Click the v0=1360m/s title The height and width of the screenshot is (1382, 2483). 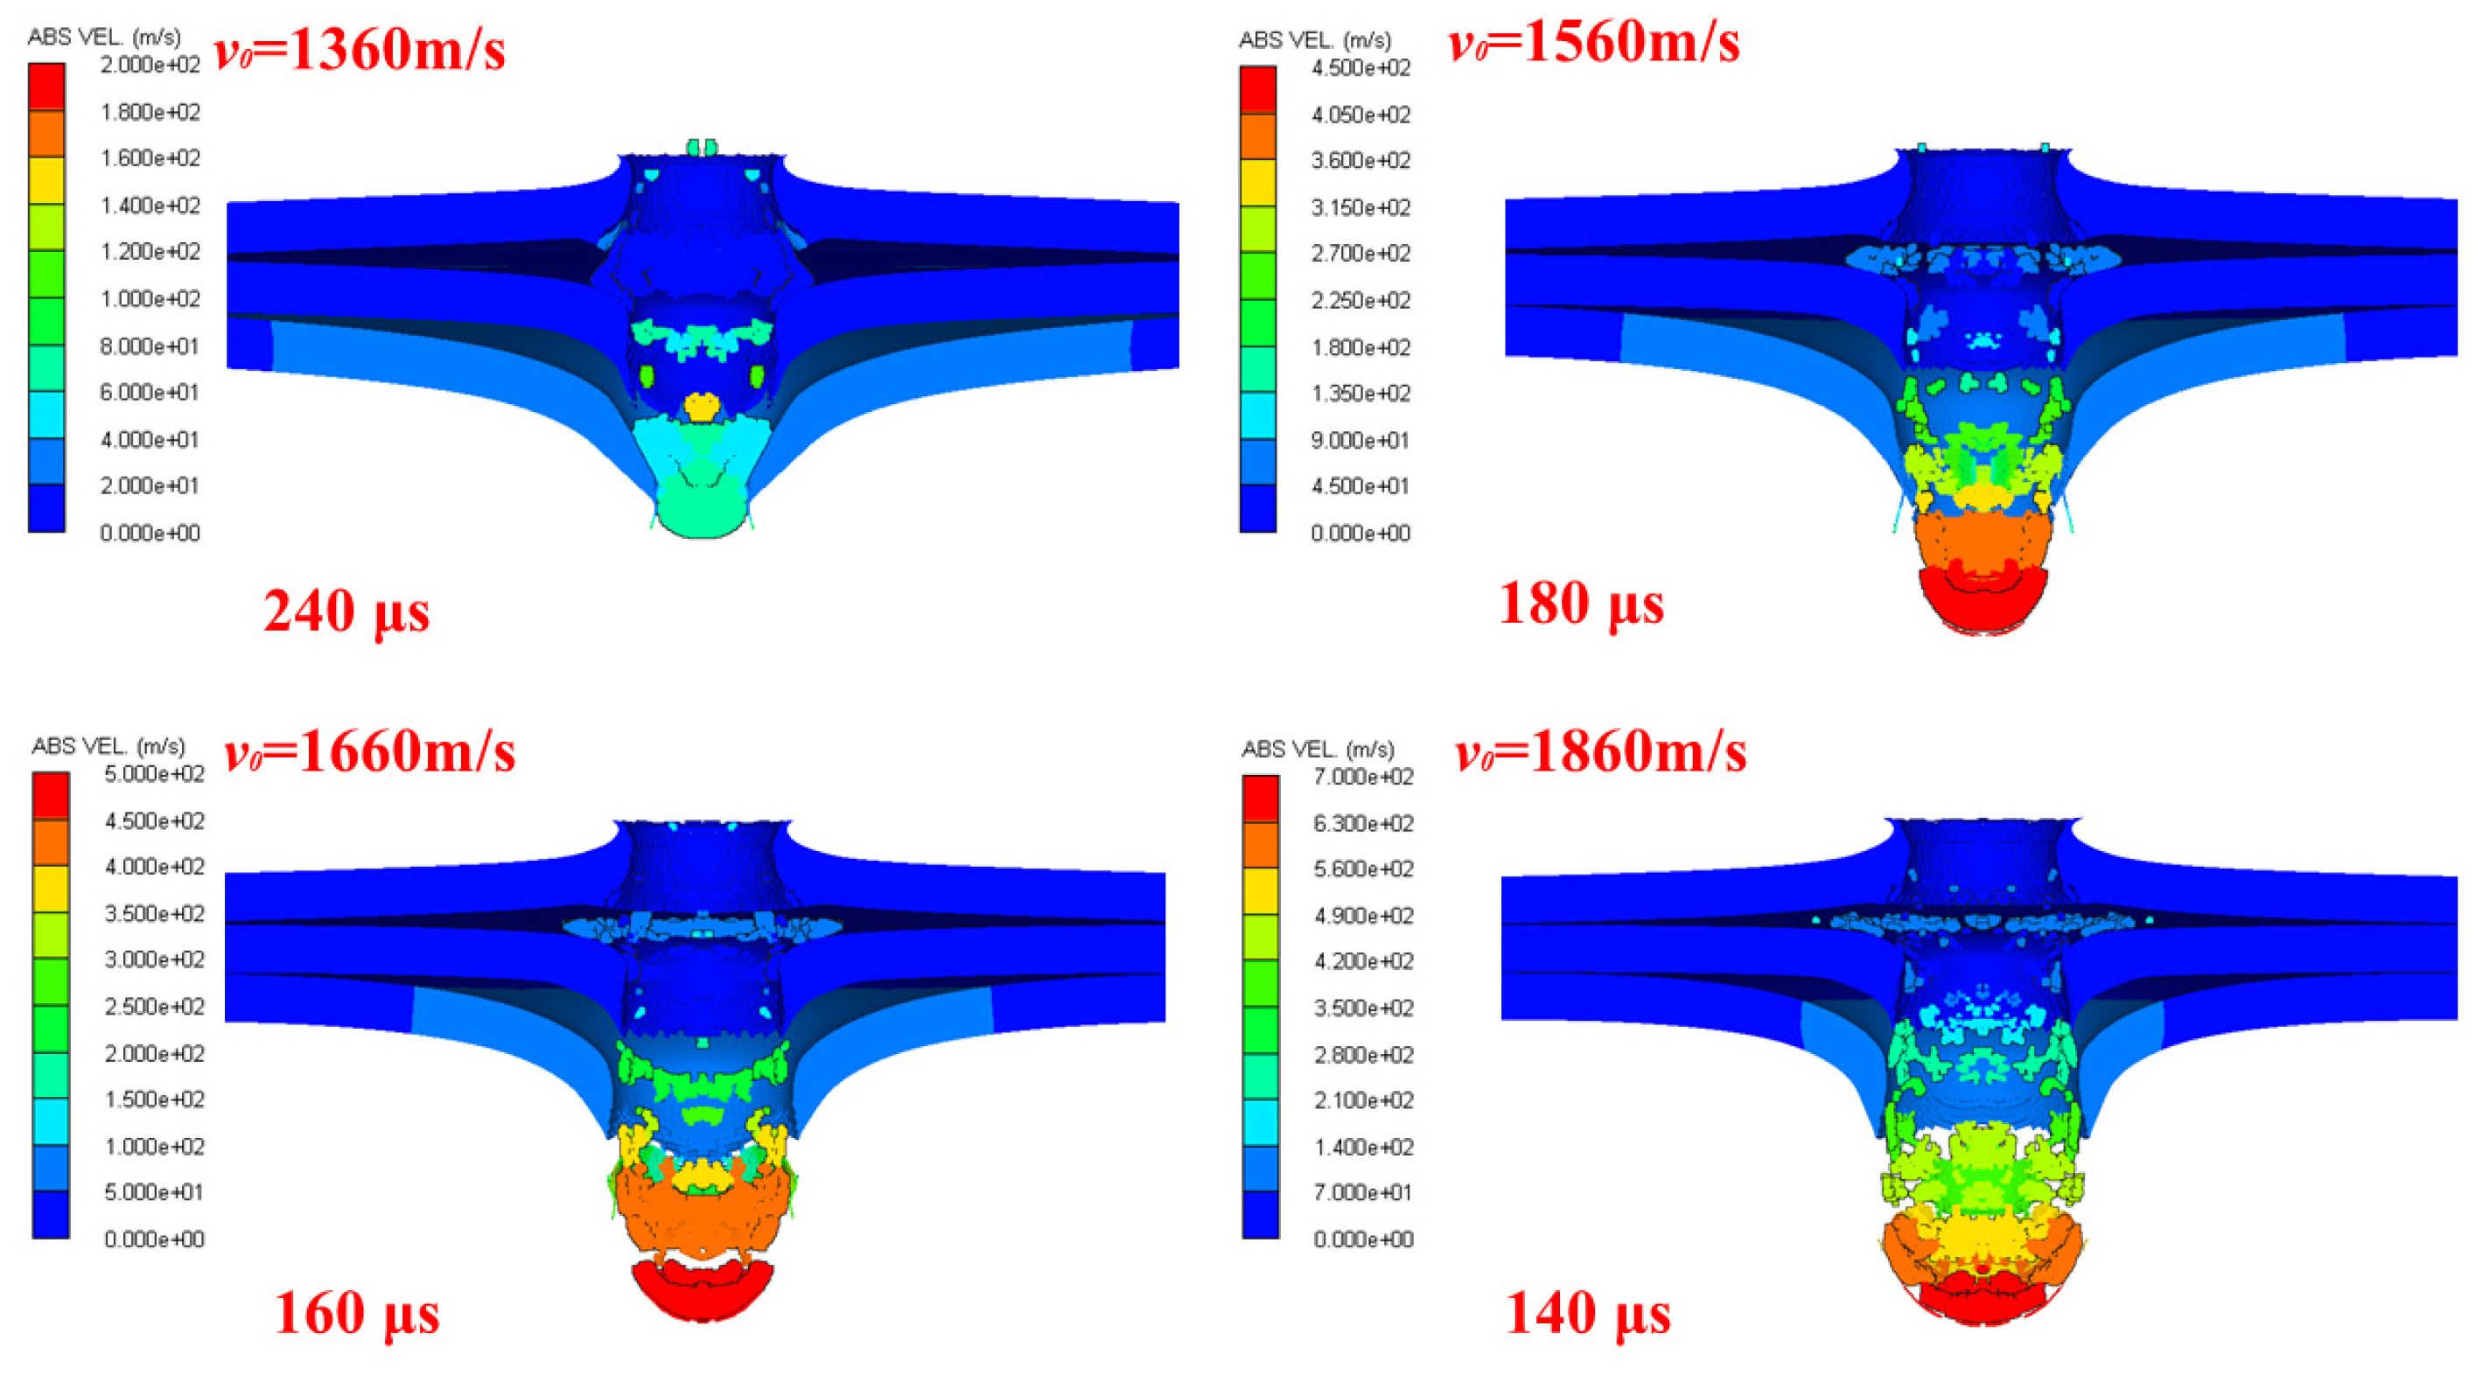tap(360, 49)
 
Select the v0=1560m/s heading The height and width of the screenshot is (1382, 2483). tap(1595, 42)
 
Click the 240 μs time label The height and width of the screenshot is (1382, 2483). tap(347, 612)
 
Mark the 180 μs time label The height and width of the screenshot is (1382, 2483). tap(1582, 605)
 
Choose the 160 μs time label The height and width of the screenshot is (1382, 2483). tap(358, 1314)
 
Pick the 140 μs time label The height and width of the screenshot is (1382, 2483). tap(1589, 1314)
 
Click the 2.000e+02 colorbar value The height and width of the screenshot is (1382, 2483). tap(150, 65)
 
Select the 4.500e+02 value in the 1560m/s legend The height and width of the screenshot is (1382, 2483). tap(1361, 67)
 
